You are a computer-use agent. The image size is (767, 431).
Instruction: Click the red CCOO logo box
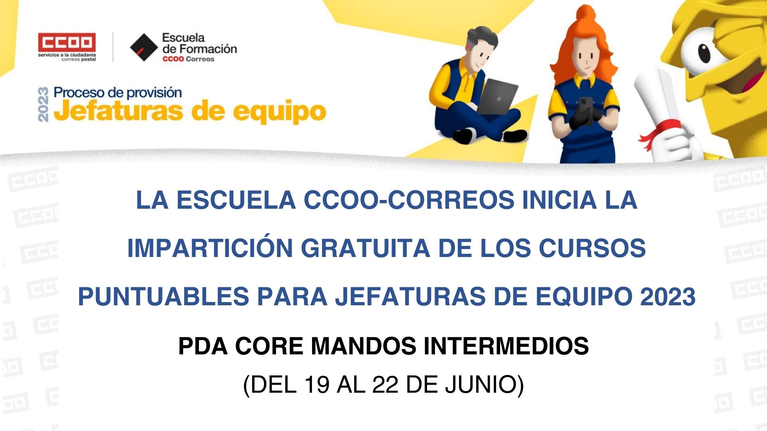67,42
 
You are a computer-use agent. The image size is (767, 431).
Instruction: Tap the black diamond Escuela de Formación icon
144,47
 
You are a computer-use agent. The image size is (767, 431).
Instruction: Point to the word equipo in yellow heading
280,113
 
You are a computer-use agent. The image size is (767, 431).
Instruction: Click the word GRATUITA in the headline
366,248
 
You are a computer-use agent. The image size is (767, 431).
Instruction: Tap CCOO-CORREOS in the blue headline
409,200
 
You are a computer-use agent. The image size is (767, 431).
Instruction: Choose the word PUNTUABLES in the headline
163,297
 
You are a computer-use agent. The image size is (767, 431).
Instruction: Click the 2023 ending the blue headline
668,297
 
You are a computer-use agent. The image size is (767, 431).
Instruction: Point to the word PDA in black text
203,346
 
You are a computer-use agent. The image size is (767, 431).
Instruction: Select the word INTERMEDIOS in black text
506,346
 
